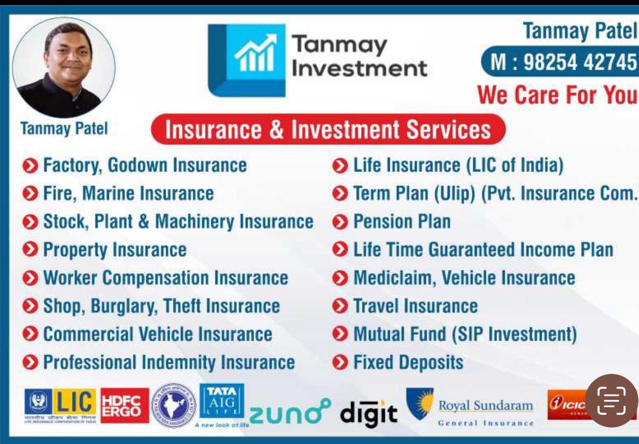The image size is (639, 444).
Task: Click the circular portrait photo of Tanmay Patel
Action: tap(64, 68)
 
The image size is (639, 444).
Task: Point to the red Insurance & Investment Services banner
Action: tap(328, 129)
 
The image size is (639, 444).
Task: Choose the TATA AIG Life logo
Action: tap(221, 403)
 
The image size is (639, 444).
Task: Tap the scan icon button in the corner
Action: tap(611, 401)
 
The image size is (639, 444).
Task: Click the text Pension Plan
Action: tap(402, 221)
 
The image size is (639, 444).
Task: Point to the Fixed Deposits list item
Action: tap(408, 363)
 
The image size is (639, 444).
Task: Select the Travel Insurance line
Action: tap(415, 306)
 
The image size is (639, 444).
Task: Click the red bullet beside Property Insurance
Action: tap(30, 250)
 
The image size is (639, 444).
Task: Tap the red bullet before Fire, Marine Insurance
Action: tap(30, 194)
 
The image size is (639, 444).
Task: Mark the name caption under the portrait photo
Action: tap(64, 128)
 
